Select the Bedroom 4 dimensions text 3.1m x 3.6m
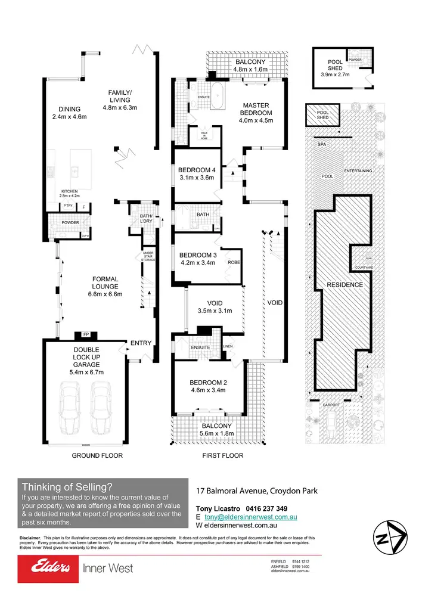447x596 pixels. (196, 177)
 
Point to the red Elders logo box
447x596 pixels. (48, 569)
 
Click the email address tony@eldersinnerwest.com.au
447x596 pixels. (250, 517)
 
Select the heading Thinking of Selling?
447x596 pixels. (66, 486)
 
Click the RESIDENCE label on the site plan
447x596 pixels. (344, 285)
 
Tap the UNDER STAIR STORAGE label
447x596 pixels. (148, 256)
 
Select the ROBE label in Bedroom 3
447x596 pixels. (234, 262)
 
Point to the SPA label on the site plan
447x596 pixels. (321, 145)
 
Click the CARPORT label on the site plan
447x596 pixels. (331, 405)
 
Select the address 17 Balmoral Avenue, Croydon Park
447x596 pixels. (257, 491)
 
